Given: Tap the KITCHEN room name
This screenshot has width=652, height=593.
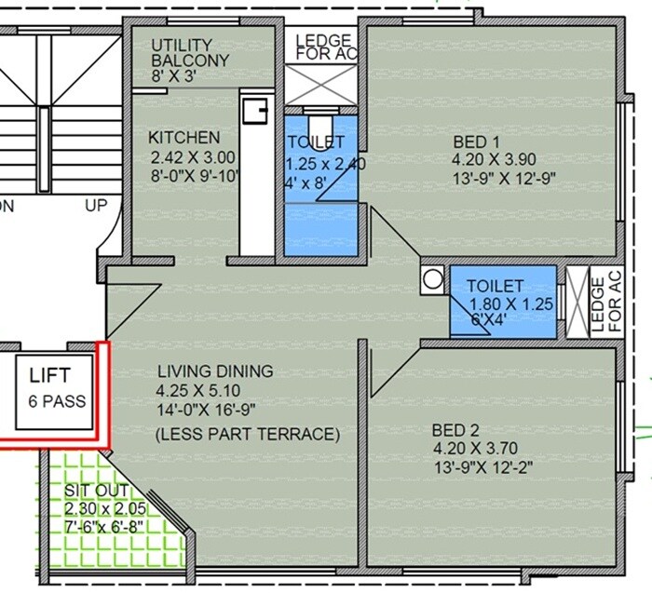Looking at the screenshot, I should [x=184, y=137].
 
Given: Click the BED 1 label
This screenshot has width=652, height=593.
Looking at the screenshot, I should [x=477, y=142].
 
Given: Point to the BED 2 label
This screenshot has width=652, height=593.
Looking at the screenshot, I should [x=455, y=431].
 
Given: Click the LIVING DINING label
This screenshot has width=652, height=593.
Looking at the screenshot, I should [x=215, y=371].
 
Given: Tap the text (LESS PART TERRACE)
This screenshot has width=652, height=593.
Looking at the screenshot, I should [x=248, y=434].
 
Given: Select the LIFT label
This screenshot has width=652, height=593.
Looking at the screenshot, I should [x=50, y=377].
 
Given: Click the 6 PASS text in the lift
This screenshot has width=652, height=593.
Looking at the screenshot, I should [x=57, y=402].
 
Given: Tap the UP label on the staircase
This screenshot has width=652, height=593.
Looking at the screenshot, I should [x=96, y=207].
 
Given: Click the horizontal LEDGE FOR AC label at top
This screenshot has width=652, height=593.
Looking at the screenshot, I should [x=323, y=47].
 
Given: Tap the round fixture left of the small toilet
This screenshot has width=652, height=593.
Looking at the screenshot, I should [x=431, y=278].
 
